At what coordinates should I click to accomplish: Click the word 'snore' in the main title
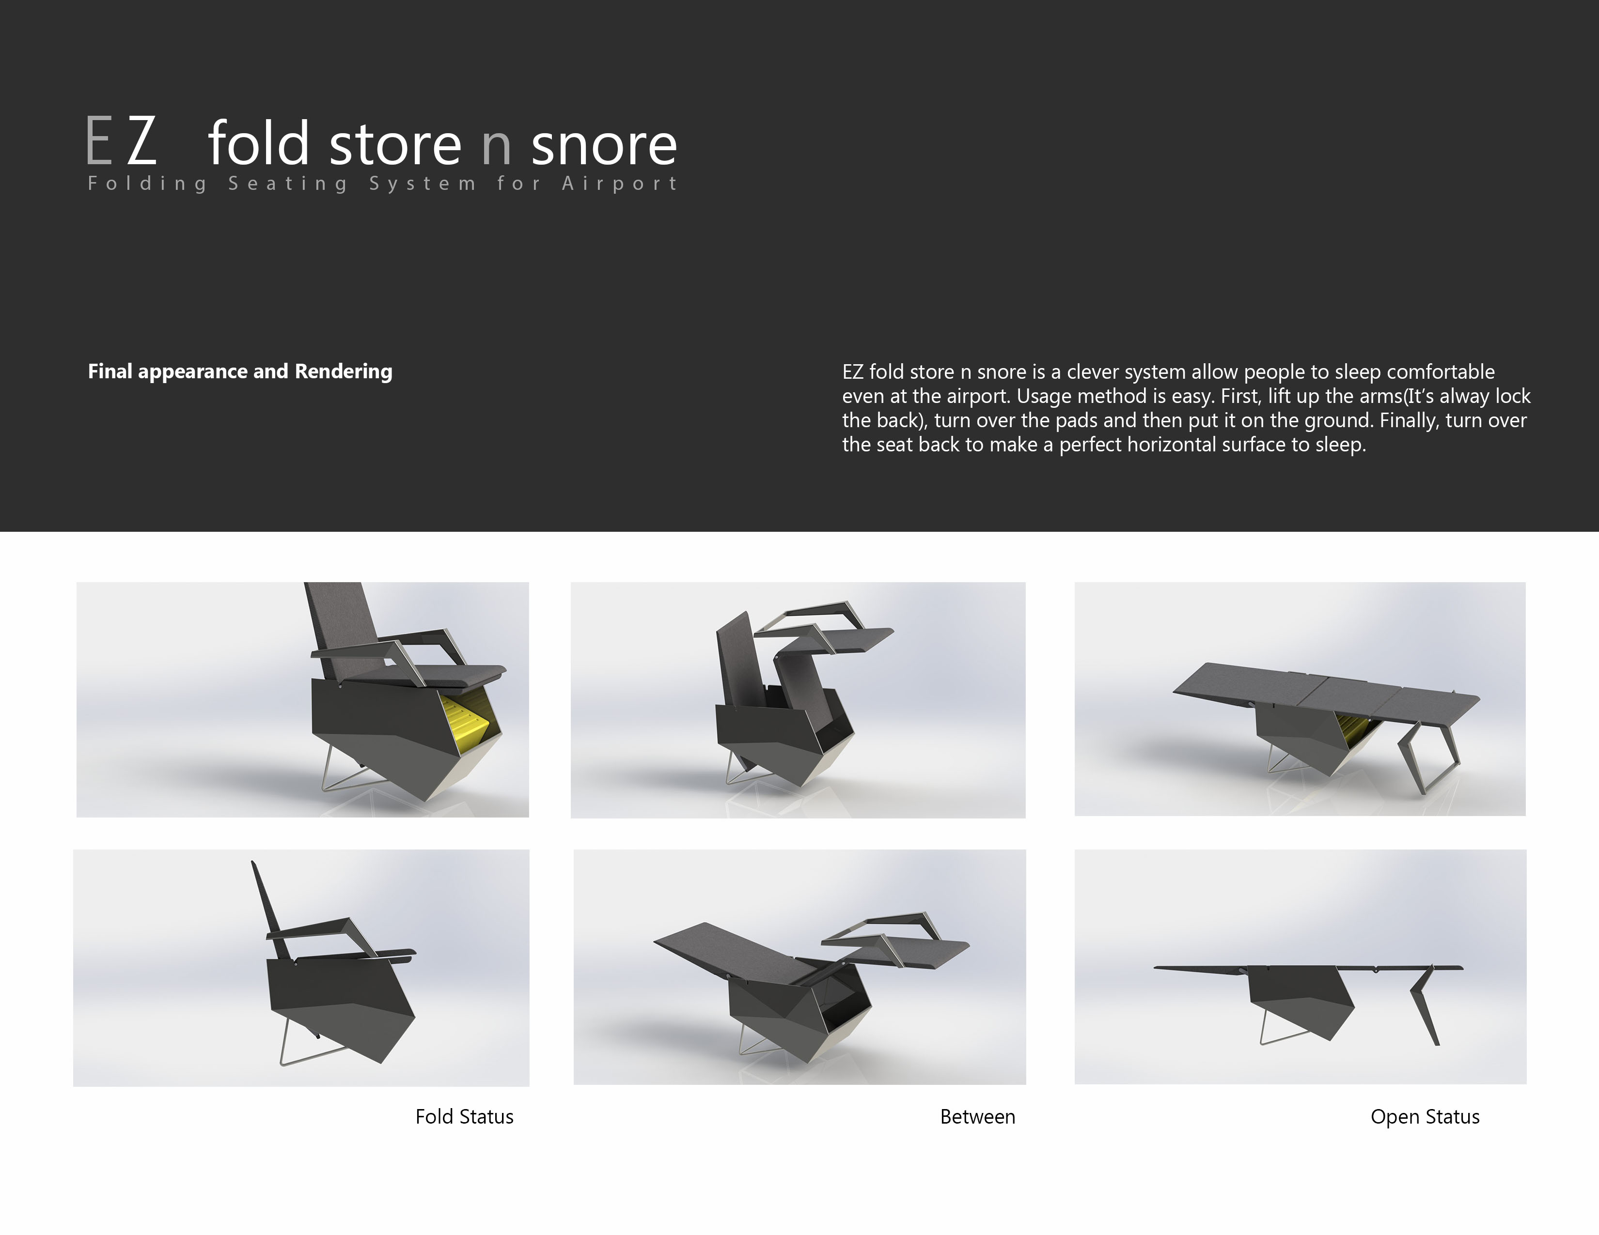point(604,145)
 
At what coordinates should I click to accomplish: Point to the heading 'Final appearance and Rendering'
point(240,371)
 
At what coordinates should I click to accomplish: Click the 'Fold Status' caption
point(464,1116)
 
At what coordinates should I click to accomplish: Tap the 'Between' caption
point(977,1116)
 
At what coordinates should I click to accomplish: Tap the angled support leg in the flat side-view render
point(1425,1006)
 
